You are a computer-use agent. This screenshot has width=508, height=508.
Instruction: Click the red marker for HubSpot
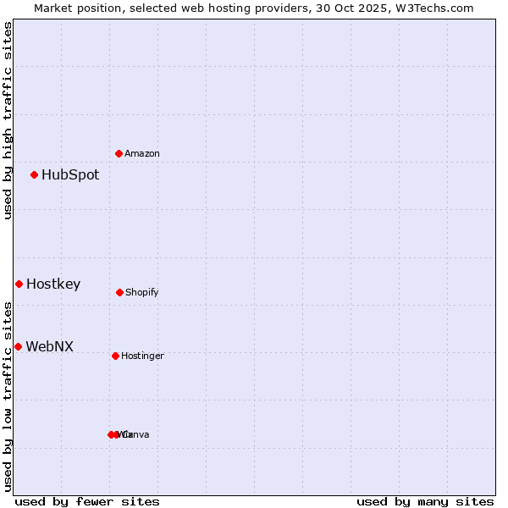(35, 175)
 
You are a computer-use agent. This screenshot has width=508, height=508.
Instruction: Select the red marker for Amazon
(119, 154)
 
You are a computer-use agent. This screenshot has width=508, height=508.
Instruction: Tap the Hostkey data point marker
(19, 284)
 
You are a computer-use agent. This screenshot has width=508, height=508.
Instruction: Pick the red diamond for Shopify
(119, 293)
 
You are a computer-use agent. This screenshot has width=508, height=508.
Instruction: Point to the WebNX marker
(18, 347)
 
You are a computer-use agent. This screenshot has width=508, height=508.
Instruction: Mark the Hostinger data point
(115, 356)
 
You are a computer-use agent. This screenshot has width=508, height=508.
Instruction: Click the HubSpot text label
(70, 175)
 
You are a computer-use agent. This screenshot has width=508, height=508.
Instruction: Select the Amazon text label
(142, 154)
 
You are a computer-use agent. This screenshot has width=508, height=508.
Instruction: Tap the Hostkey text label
(53, 284)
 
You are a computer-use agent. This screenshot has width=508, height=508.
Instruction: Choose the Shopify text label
(142, 293)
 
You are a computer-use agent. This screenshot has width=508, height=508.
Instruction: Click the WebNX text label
(50, 347)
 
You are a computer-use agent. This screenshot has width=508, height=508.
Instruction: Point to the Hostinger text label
(142, 356)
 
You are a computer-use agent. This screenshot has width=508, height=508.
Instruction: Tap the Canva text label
(135, 435)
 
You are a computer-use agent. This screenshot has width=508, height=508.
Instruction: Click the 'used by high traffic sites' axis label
(8, 120)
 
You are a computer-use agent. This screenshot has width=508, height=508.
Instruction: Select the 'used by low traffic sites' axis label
(8, 396)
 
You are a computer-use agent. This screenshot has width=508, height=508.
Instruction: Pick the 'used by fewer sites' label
(87, 501)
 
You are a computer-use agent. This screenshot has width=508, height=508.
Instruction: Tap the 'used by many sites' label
(425, 501)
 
